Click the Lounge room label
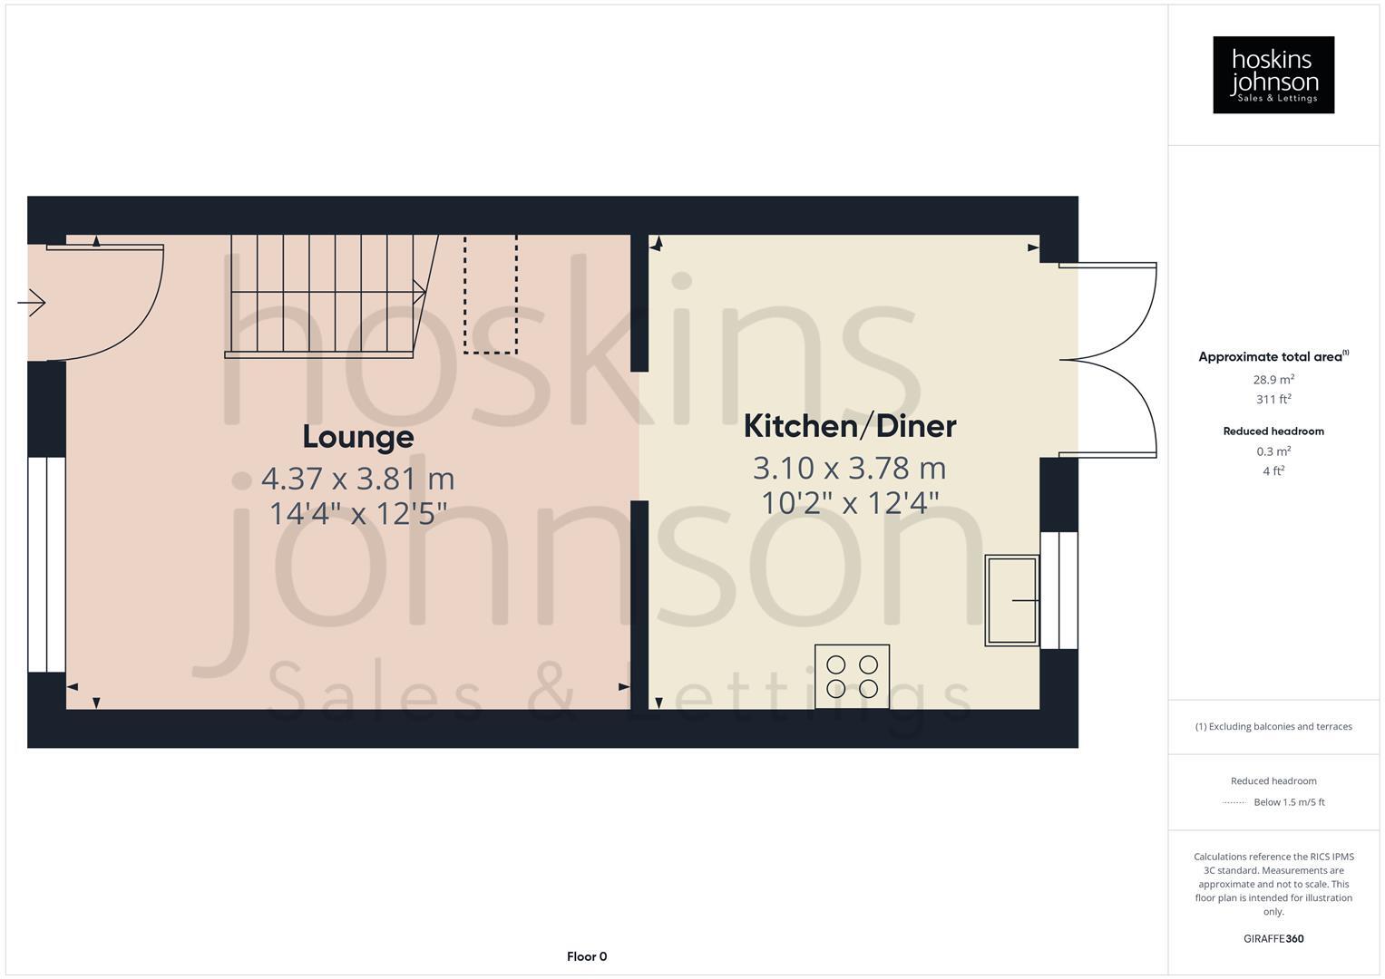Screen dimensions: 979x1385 point(357,437)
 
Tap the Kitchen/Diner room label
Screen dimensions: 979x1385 point(850,426)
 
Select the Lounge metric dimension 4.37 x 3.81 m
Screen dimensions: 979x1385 point(357,478)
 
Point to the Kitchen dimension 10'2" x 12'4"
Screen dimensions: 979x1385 point(850,502)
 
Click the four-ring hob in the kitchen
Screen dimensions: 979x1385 point(852,676)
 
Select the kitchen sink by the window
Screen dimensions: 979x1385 point(1011,600)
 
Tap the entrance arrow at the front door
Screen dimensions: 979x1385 point(32,302)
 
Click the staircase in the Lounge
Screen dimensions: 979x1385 point(325,295)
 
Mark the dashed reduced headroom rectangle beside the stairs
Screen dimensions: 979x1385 point(491,294)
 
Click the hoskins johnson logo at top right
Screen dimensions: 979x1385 point(1273,74)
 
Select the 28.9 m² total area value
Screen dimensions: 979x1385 point(1273,380)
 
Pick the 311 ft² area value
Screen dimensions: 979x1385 point(1273,399)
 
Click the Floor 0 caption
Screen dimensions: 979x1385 point(586,956)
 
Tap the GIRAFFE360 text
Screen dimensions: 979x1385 point(1273,938)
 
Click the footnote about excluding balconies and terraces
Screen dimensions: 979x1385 point(1273,726)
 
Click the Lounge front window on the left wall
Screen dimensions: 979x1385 point(46,564)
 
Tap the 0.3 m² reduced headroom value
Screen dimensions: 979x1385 point(1273,451)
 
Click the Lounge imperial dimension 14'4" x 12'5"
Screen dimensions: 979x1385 point(357,514)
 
